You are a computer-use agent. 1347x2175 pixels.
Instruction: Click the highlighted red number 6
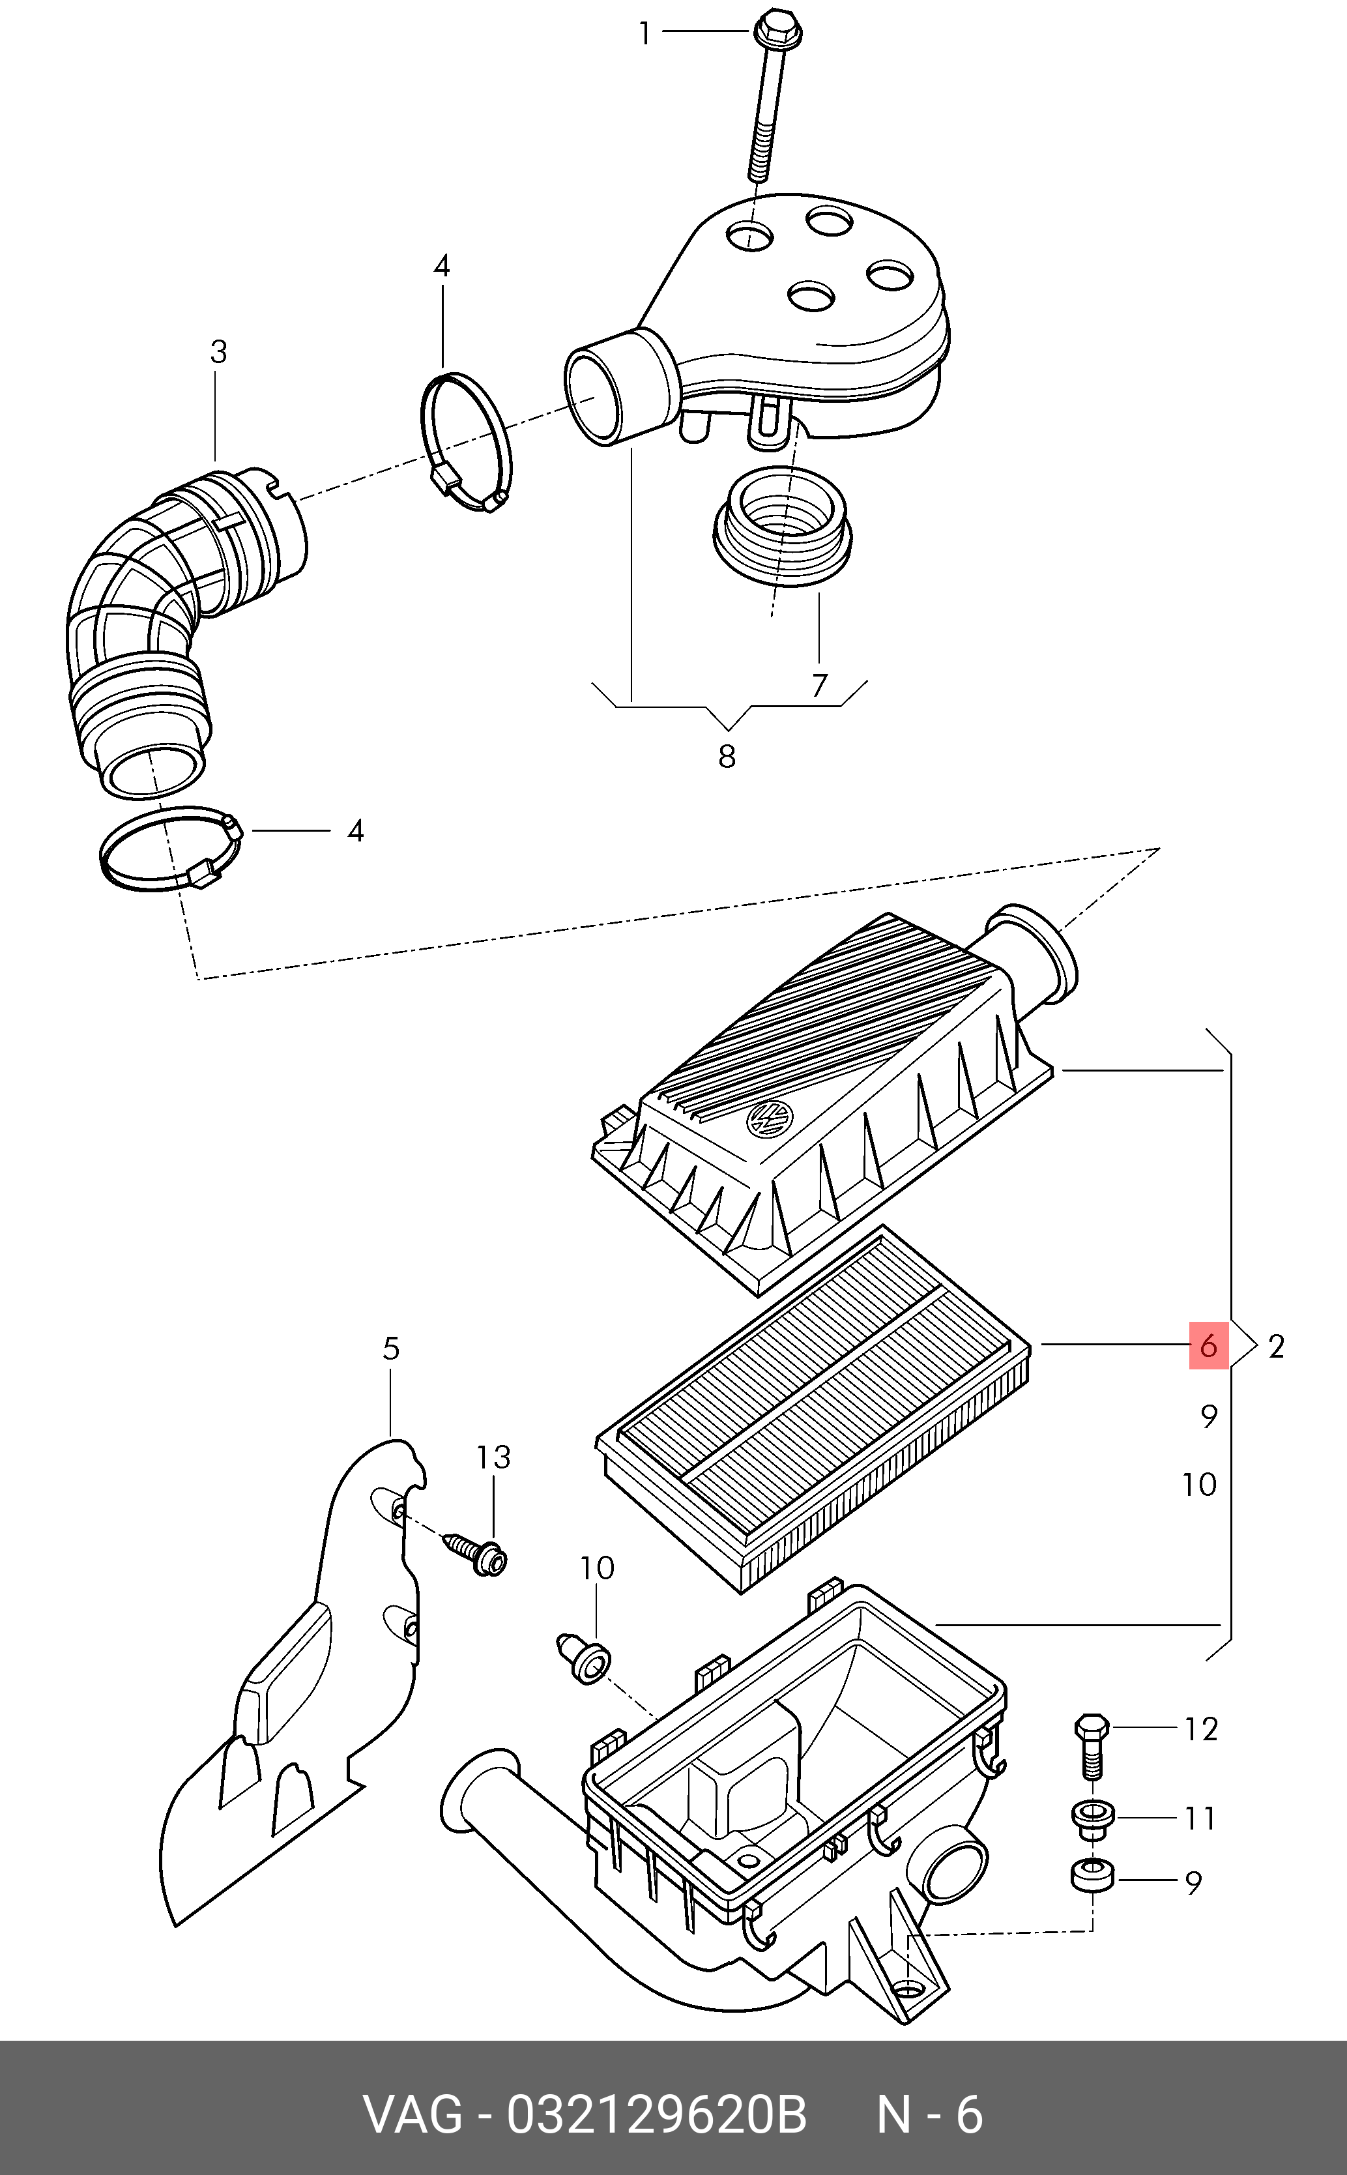(x=1209, y=1345)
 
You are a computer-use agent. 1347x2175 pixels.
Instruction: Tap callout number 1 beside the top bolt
(x=646, y=34)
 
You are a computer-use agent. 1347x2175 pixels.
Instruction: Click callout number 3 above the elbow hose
(x=218, y=352)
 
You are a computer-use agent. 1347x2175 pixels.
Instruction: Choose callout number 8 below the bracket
(x=727, y=757)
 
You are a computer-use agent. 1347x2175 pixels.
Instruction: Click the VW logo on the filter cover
(x=769, y=1119)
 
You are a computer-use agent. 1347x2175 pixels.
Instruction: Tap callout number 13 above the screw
(x=493, y=1458)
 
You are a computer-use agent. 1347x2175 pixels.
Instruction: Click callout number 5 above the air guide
(x=391, y=1349)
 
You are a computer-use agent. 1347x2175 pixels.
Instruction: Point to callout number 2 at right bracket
(x=1277, y=1347)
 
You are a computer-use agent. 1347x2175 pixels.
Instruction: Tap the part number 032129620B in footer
(x=657, y=2114)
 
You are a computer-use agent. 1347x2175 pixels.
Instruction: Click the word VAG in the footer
(x=413, y=2114)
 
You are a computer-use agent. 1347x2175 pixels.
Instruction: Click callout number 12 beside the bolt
(x=1201, y=1729)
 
